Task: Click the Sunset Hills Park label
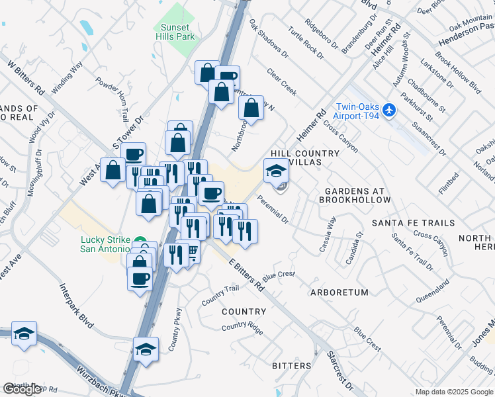click(x=175, y=32)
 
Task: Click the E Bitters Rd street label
click(x=246, y=275)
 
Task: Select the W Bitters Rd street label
click(x=25, y=78)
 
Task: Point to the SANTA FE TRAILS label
click(x=413, y=223)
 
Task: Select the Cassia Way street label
click(x=328, y=234)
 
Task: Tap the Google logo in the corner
click(x=22, y=389)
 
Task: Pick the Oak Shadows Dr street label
click(x=269, y=38)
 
